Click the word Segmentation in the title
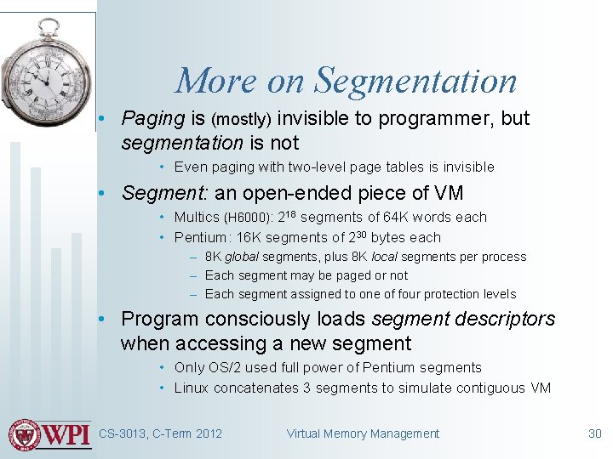[415, 82]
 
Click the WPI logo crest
[26, 434]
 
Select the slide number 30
[594, 433]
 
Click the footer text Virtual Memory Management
[363, 433]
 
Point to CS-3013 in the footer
[123, 433]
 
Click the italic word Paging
[153, 119]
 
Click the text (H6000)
[249, 218]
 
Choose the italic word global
[242, 257]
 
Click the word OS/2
[225, 368]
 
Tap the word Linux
[192, 388]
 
